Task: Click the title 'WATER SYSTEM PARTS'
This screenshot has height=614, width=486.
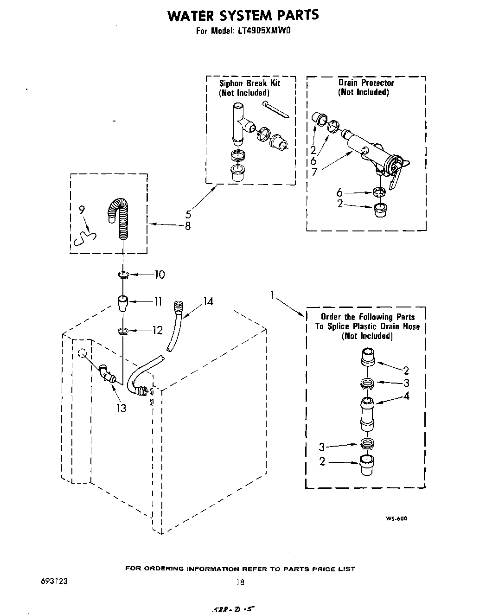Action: coord(243,16)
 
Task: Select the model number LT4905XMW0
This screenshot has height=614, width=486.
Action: coord(266,32)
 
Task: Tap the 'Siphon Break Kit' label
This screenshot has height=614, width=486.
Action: coord(249,83)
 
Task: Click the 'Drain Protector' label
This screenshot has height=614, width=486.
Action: coord(366,83)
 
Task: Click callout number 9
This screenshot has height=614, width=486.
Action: coord(82,210)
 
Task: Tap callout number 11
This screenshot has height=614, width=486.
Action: coord(158,301)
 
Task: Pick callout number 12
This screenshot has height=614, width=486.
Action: coord(157,330)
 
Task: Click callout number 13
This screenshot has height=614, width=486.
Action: coord(121,408)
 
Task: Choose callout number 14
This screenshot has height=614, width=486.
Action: coord(208,301)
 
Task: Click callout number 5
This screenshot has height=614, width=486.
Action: coord(188,215)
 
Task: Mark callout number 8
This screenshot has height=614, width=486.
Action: coord(188,226)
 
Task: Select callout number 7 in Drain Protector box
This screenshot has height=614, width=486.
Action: coord(314,172)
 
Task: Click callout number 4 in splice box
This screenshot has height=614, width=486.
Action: coord(406,396)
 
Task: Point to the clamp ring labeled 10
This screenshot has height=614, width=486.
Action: coord(123,275)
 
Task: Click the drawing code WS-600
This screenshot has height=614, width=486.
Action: coord(396,518)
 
